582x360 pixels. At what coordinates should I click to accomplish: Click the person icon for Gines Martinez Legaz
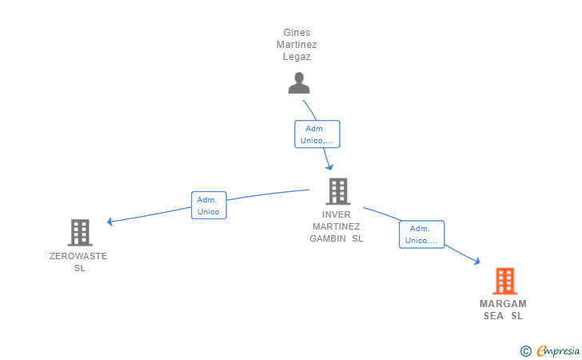click(299, 83)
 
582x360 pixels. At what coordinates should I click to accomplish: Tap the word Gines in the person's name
click(297, 33)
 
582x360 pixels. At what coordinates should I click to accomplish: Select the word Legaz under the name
click(297, 57)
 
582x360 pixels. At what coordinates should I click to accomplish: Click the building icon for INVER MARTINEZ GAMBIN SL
click(337, 191)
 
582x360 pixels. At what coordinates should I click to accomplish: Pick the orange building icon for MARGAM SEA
click(504, 281)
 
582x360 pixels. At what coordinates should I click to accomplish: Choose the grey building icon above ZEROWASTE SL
click(80, 233)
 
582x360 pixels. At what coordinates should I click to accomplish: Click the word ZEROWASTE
click(78, 256)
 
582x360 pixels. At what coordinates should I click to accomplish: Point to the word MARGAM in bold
click(503, 304)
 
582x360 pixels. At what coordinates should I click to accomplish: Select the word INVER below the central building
click(336, 214)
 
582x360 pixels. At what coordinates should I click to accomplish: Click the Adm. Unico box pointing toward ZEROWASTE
click(209, 206)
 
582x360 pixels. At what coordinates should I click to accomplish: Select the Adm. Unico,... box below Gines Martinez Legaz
click(317, 134)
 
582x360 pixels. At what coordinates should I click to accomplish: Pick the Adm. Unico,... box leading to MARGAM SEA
click(421, 234)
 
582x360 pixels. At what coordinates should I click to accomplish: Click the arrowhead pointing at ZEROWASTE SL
click(110, 222)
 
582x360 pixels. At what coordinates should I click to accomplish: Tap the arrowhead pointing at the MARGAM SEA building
click(477, 262)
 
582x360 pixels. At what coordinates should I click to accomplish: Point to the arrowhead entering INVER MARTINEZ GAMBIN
click(329, 167)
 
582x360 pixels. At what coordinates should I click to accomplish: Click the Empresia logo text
click(558, 350)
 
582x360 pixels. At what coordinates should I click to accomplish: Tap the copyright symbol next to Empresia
click(525, 351)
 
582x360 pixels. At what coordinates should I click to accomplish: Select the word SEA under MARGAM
click(493, 316)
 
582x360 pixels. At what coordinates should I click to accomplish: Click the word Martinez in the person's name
click(297, 45)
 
